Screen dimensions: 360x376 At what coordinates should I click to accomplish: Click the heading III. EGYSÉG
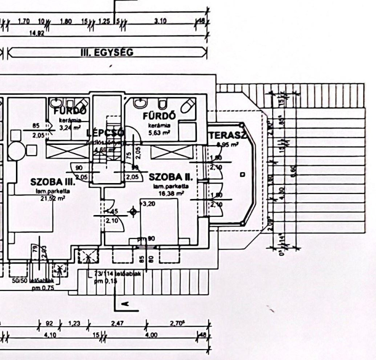pyautogui.click(x=107, y=52)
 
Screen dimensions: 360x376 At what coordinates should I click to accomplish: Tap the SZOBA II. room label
pyautogui.click(x=172, y=177)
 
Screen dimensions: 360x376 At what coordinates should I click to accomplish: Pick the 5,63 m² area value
pyautogui.click(x=159, y=133)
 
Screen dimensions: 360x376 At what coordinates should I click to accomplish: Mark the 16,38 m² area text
pyautogui.click(x=171, y=192)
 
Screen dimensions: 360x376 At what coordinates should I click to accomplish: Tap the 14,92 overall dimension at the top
pyautogui.click(x=37, y=33)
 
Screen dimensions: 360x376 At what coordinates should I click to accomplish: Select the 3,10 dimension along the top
pyautogui.click(x=160, y=21)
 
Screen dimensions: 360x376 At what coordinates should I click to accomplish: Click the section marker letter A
pyautogui.click(x=125, y=305)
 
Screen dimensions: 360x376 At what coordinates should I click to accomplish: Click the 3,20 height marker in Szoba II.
pyautogui.click(x=148, y=204)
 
